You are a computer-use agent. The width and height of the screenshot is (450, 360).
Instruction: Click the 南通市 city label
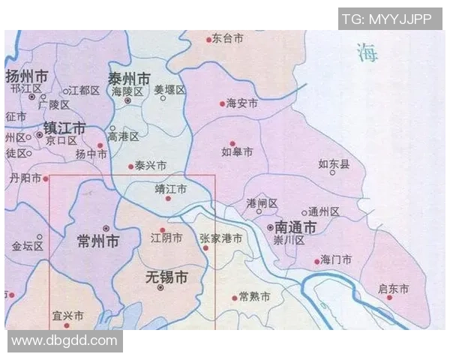click(295, 226)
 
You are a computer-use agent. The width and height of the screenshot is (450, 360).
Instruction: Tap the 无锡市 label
click(166, 277)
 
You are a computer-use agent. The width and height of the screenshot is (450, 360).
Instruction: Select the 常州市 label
click(98, 241)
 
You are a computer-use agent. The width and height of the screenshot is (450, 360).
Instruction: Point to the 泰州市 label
click(129, 79)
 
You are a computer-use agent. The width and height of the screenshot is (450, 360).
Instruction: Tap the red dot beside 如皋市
click(232, 143)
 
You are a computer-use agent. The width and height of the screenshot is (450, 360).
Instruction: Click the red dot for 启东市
click(388, 297)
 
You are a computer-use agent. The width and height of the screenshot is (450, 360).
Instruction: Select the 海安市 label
click(242, 103)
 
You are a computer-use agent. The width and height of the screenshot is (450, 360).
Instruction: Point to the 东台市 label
click(228, 37)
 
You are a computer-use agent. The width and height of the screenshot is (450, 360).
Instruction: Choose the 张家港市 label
click(220, 238)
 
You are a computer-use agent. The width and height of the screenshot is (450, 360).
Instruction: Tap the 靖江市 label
click(170, 188)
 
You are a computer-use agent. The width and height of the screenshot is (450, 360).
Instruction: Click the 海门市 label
click(336, 259)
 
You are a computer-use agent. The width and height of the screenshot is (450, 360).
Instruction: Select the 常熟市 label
click(253, 297)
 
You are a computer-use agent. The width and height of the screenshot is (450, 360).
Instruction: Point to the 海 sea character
click(367, 52)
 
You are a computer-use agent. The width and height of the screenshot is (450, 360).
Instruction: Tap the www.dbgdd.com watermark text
click(65, 341)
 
